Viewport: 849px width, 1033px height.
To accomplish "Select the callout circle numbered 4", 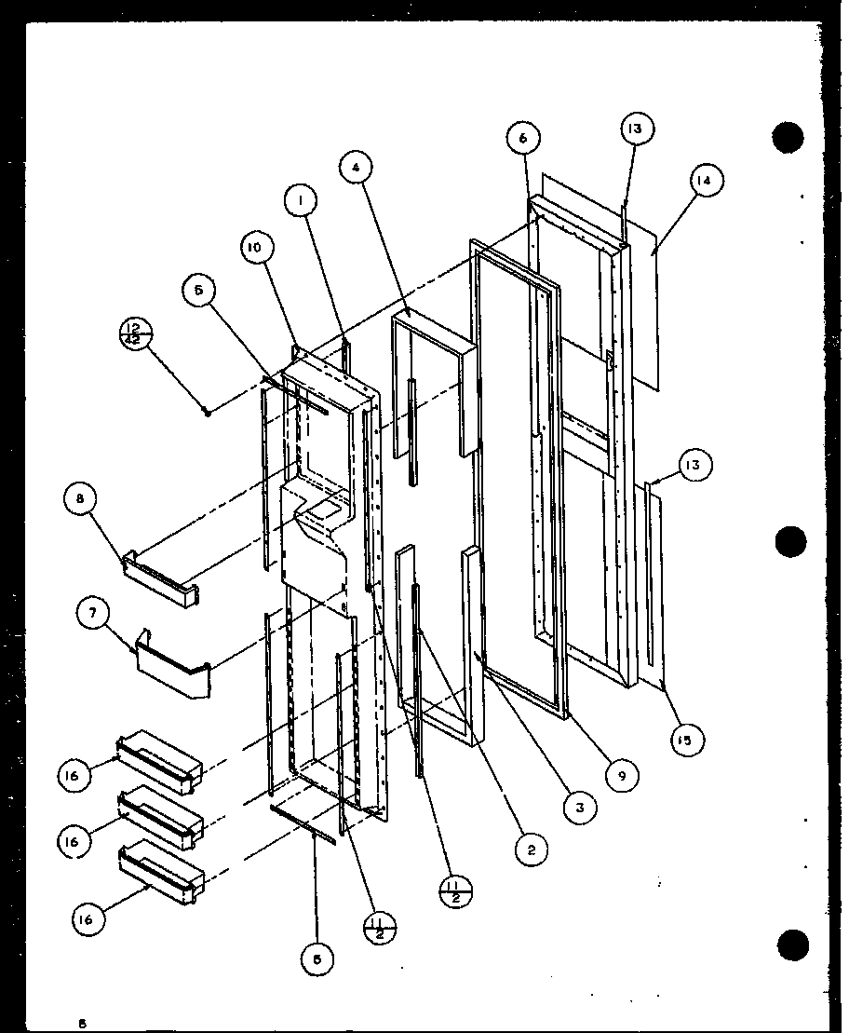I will [x=357, y=168].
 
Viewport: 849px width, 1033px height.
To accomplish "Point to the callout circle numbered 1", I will [x=303, y=199].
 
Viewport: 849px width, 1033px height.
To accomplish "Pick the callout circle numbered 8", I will [x=80, y=499].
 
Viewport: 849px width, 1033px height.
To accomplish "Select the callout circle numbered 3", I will [x=579, y=808].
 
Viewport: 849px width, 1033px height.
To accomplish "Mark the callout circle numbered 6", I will [x=523, y=138].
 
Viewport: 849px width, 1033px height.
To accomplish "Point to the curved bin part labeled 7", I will [x=172, y=666].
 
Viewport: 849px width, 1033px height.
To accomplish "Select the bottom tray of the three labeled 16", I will [x=160, y=872].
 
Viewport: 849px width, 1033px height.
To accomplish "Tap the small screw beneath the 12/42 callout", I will [x=208, y=411].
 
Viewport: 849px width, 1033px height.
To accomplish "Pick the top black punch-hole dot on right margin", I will [x=788, y=137].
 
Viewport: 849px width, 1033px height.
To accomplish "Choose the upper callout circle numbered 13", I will [x=635, y=129].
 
